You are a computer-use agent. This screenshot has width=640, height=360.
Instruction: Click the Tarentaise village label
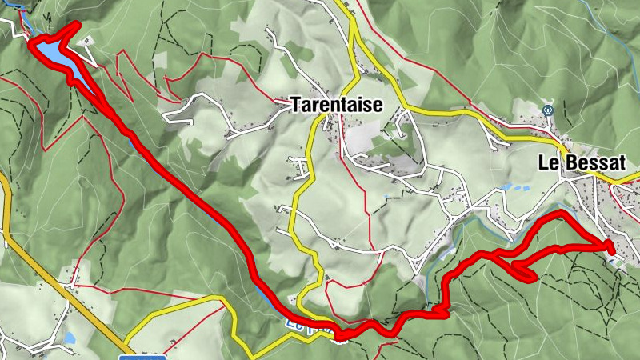337,105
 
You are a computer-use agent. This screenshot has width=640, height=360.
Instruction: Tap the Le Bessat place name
580,163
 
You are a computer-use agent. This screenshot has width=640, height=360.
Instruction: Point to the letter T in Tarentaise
296,105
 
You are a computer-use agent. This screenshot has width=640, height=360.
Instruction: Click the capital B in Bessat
569,163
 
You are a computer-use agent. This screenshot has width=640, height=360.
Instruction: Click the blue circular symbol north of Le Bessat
547,110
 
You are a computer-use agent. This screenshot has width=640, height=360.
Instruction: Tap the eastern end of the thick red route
611,250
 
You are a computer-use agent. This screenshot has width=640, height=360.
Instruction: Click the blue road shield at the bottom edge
142,357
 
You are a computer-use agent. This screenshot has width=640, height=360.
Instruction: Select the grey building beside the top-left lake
86,40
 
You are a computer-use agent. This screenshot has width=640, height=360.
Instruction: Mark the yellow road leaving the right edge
628,182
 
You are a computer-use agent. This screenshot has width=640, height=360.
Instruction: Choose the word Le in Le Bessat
547,163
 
